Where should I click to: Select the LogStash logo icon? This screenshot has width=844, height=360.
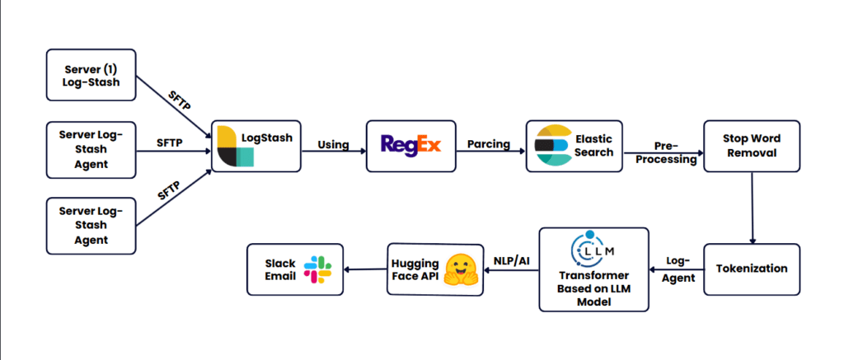(x=234, y=147)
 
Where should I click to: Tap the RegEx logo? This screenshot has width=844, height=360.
(x=410, y=145)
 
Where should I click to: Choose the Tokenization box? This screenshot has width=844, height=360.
(x=751, y=269)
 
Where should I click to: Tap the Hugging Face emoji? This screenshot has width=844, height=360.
(x=462, y=269)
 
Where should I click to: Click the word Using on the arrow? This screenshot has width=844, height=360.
(x=333, y=145)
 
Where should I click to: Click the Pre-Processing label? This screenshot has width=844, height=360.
(x=663, y=152)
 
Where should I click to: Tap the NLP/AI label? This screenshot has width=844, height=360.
(x=512, y=260)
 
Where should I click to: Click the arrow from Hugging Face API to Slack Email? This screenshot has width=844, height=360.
(x=365, y=269)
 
